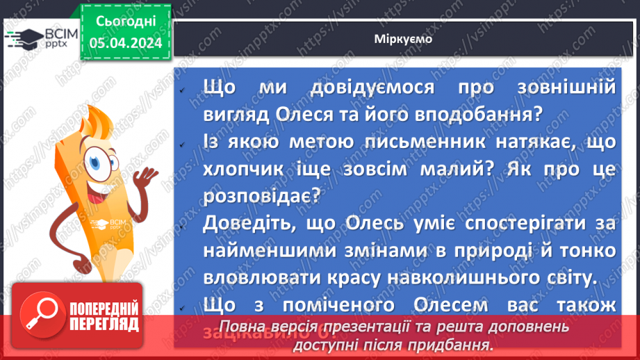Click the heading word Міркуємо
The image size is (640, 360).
click(402, 39)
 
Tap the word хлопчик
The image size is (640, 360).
click(239, 172)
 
